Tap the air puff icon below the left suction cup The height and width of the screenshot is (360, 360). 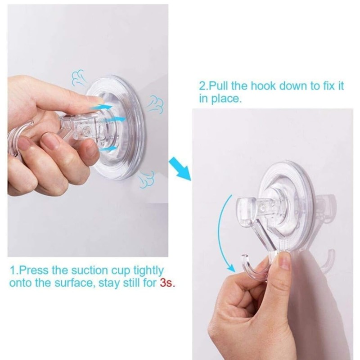pyautogui.click(x=146, y=179)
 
